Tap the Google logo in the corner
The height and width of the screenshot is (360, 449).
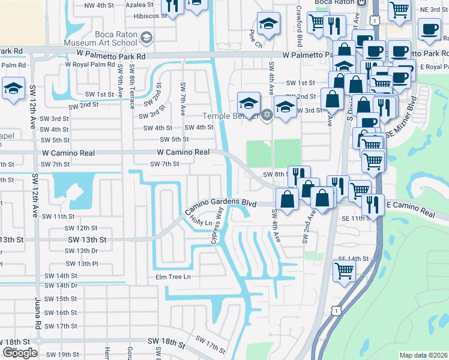pos(20,353)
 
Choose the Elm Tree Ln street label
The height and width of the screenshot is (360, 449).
pos(172,277)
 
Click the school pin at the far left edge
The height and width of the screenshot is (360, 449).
pos(13,87)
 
